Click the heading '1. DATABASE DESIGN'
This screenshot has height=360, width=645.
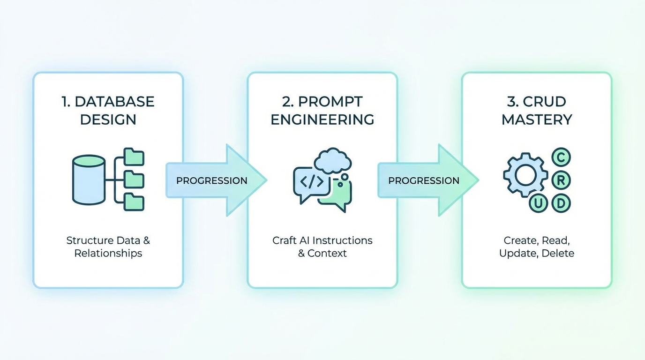click(108, 110)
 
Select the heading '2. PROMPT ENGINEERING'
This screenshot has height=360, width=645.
click(322, 110)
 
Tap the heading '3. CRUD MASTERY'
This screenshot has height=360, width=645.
click(537, 110)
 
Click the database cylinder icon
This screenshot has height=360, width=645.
click(89, 180)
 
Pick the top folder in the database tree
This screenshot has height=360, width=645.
click(135, 157)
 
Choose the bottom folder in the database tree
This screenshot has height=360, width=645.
click(135, 202)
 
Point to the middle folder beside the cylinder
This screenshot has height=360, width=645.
click(135, 179)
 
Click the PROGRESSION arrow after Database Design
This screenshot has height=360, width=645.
click(213, 180)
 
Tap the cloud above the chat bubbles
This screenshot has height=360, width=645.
click(333, 160)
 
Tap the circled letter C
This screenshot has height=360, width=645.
click(561, 157)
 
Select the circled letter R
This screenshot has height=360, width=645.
click(561, 180)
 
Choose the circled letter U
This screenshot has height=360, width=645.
click(538, 203)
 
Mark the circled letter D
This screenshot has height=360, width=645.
click(561, 203)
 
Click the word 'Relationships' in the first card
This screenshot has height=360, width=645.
click(108, 254)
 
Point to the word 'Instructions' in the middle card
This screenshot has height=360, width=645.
click(342, 240)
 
